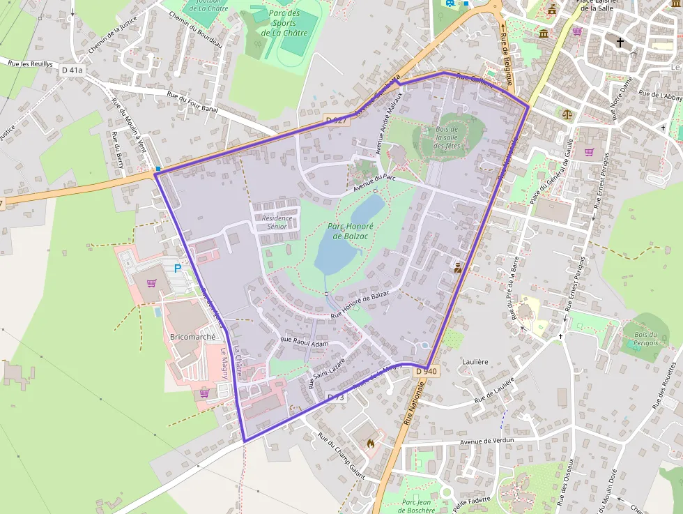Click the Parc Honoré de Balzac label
point(351,231)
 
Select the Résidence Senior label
point(276,222)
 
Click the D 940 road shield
point(426,372)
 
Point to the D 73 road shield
point(336,397)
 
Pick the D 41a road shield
point(72,70)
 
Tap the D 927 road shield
point(337,121)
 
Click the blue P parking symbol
point(178,268)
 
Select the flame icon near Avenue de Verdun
point(371,442)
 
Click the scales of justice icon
point(566,112)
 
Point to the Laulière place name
point(475,362)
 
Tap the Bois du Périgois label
point(646,339)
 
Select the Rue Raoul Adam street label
point(304,342)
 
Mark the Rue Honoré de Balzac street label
point(360,305)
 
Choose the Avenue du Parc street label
point(374,183)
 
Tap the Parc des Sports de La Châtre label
point(284,23)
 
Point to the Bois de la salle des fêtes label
point(447,137)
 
